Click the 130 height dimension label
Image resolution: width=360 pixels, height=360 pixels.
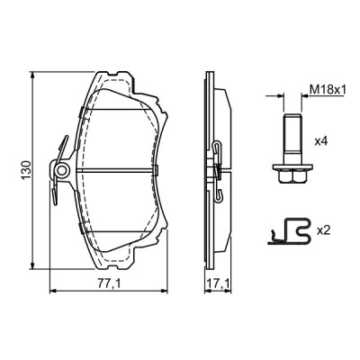point(27,168)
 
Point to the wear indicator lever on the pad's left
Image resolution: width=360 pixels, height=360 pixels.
point(59,148)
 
